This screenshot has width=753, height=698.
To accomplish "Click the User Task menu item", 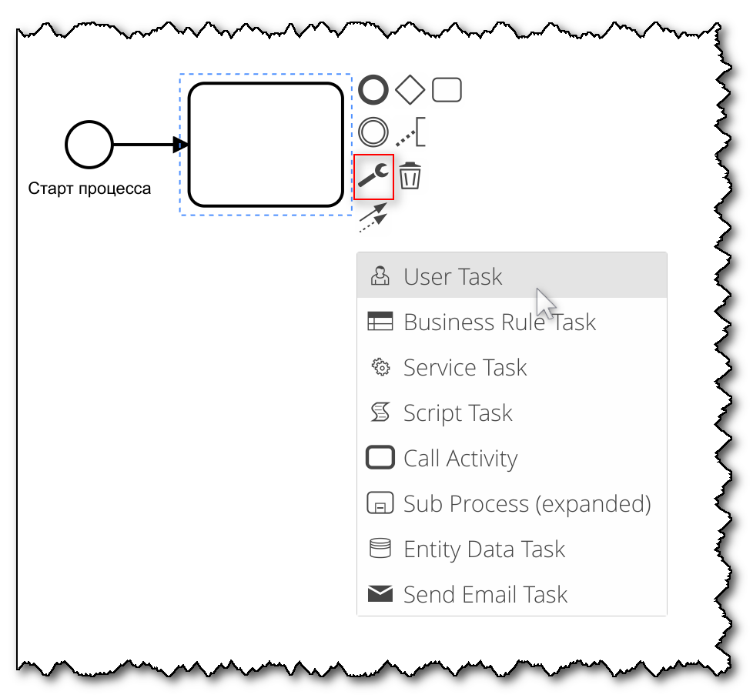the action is pyautogui.click(x=453, y=277).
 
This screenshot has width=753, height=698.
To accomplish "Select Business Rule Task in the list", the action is pyautogui.click(x=499, y=322).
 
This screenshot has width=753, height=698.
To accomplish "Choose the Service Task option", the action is pyautogui.click(x=465, y=368).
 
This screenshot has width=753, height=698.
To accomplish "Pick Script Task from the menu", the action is pyautogui.click(x=457, y=413).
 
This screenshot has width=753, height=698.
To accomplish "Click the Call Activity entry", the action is pyautogui.click(x=460, y=459).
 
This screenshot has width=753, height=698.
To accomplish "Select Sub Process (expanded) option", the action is pyautogui.click(x=527, y=504).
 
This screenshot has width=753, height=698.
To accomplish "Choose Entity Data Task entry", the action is pyautogui.click(x=484, y=549).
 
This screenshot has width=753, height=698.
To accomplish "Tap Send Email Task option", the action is pyautogui.click(x=485, y=595).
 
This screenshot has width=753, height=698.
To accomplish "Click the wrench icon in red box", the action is pyautogui.click(x=375, y=177).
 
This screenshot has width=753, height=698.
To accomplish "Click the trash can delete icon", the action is pyautogui.click(x=410, y=176).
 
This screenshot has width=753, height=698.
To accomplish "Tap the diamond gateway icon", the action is pyautogui.click(x=410, y=91).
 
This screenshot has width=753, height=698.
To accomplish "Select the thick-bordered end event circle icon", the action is pyautogui.click(x=374, y=91).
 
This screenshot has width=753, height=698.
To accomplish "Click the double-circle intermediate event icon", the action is pyautogui.click(x=374, y=132).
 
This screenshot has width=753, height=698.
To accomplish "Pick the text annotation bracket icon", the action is pyautogui.click(x=411, y=133).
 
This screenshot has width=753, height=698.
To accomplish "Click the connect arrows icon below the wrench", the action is pyautogui.click(x=373, y=217).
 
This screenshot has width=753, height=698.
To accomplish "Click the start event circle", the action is pyautogui.click(x=89, y=144).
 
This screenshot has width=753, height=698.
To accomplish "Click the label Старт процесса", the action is pyautogui.click(x=89, y=189).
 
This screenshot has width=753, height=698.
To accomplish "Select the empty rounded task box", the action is pyautogui.click(x=266, y=145).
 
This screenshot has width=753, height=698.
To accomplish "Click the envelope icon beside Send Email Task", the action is pyautogui.click(x=380, y=594).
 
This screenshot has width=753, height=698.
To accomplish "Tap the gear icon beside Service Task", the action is pyautogui.click(x=380, y=368).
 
